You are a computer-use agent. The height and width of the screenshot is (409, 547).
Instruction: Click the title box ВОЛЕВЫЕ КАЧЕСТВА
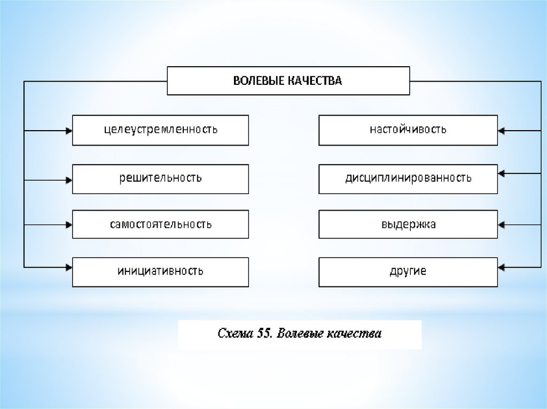pos(288,81)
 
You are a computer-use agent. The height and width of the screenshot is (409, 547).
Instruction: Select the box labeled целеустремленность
pos(160,130)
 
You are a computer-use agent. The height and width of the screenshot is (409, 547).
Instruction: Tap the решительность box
pos(160,178)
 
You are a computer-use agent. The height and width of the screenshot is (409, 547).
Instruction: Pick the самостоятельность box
pos(160,224)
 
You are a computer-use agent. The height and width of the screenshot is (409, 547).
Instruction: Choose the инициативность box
pos(160,271)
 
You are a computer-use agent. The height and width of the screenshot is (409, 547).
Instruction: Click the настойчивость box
pos(408,130)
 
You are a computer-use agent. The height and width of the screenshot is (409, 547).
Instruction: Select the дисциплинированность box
pos(408,178)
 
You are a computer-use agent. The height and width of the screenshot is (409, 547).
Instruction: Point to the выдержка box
pos(408,224)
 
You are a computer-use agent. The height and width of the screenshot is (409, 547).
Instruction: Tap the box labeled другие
pos(408,271)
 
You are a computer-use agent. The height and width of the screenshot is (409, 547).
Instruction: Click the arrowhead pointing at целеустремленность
pos(69,130)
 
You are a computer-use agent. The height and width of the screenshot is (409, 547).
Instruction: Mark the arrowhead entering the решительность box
pos(69,180)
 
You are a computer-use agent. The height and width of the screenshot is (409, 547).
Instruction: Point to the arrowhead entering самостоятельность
pos(69,224)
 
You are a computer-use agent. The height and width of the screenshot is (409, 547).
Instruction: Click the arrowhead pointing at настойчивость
pos(501,130)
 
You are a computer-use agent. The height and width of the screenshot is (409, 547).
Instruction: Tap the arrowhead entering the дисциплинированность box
pos(501,173)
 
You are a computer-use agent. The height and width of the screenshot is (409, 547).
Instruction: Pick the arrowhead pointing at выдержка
pos(501,224)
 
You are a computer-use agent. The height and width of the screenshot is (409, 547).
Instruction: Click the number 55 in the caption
pos(264,334)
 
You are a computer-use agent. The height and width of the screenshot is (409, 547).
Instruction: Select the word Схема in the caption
pos(235,334)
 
